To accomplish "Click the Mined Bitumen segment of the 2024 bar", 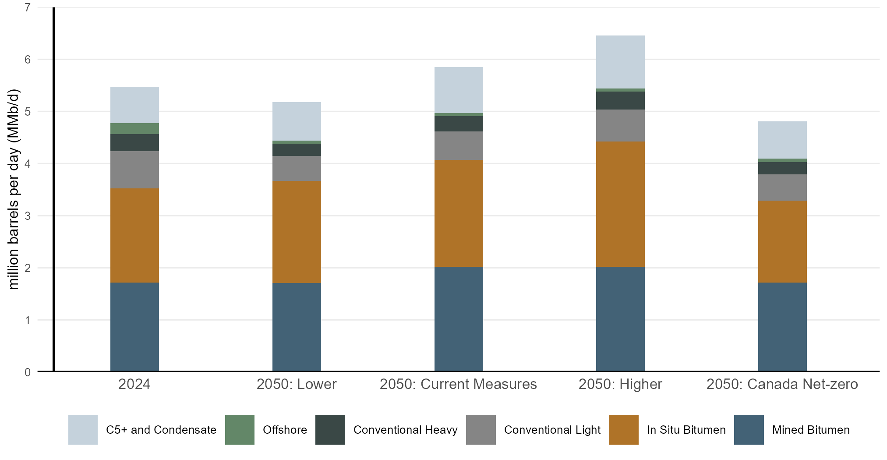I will tap(134, 327).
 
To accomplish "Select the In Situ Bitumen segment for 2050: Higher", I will tap(620, 204).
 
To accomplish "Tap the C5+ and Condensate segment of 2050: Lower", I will tap(297, 121).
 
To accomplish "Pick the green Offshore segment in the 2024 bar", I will tap(134, 129).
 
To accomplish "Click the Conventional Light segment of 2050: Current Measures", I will tap(459, 146).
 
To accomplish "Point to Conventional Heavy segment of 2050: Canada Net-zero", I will tap(782, 168).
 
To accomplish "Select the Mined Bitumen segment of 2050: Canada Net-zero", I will tap(782, 327).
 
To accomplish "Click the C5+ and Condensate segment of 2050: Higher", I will tap(620, 62).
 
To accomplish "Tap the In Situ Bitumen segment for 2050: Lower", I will tap(297, 232).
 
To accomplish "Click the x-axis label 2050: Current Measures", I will tap(458, 384).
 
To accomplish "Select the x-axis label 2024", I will tap(134, 384).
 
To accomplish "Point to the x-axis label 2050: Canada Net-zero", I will tap(782, 384).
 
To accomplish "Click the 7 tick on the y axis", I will tap(28, 7).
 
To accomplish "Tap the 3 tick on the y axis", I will tap(28, 216).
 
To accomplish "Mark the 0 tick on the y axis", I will tap(28, 372).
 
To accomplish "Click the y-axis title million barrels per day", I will tap(14, 189).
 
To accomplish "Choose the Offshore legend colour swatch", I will tap(240, 430).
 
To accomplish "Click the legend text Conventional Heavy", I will tap(405, 430).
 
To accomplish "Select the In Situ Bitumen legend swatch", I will tap(623, 430).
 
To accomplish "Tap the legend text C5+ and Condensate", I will tap(161, 430).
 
